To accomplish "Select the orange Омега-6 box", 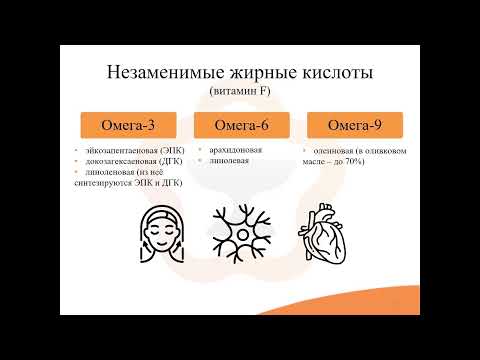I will (240, 127).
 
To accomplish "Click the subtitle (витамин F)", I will (240, 92).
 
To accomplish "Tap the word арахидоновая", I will (235, 150).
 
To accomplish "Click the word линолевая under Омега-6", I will (229, 160).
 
